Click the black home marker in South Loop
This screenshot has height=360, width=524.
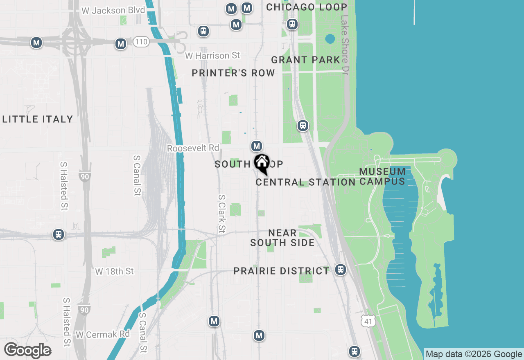point(262,163)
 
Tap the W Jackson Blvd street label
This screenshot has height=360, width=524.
point(113,11)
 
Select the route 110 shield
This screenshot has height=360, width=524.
point(141,42)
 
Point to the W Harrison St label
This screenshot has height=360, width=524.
point(212,55)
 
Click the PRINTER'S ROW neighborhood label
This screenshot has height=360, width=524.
point(233,73)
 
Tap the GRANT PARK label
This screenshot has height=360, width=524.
point(306,60)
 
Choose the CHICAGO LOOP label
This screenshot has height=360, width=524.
point(307,7)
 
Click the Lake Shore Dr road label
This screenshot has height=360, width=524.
point(345,45)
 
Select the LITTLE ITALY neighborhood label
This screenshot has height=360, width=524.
point(38,119)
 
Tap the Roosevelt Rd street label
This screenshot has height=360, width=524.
point(193,148)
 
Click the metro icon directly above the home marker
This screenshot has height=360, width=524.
point(256,146)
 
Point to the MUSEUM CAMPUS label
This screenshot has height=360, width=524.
point(383,176)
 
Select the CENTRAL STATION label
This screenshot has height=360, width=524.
point(305,182)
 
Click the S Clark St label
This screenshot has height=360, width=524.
point(221,213)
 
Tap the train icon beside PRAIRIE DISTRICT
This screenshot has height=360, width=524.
point(340,270)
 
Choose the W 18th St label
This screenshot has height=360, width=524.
point(115,272)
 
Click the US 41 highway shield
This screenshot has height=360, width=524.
point(368,321)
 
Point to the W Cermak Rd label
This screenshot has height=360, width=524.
point(102,335)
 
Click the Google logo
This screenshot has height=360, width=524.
point(28,350)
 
